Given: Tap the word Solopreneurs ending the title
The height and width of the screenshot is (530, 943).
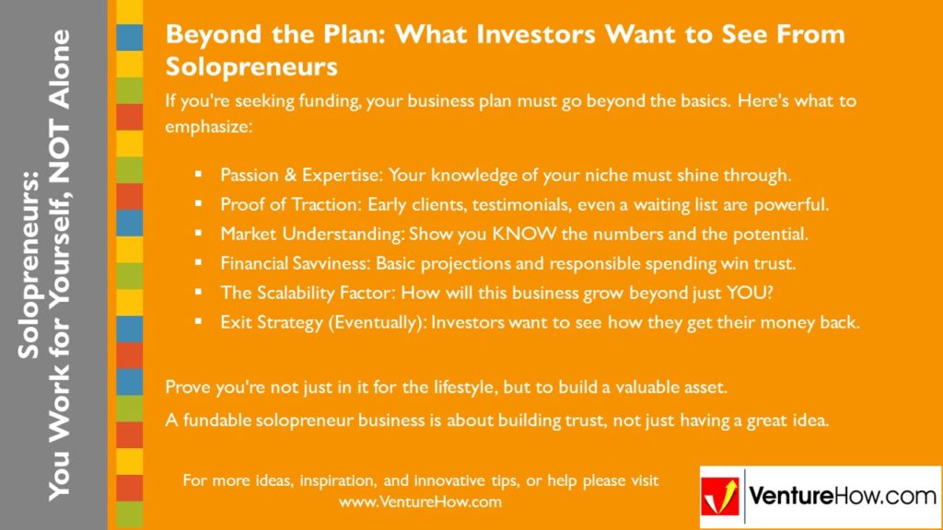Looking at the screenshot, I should (251, 68).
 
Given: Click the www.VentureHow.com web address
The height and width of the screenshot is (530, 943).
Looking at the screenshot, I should (420, 502).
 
